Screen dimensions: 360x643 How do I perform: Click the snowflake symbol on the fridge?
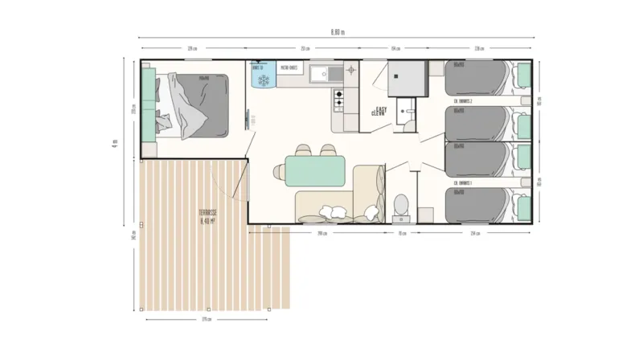[x=262, y=80]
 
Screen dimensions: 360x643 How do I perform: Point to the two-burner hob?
[x=338, y=98]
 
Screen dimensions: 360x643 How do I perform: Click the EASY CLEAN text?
[x=379, y=112]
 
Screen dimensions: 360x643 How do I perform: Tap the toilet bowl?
[x=401, y=206]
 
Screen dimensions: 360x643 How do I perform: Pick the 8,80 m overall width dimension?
[x=337, y=32]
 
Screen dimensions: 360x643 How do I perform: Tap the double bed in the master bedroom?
[x=193, y=104]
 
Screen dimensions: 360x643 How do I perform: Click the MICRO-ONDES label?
[x=289, y=68]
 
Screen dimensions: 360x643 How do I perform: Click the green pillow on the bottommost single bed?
[x=522, y=205]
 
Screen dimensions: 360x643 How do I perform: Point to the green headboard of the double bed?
[x=148, y=104]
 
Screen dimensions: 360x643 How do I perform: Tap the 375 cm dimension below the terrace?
[x=206, y=319]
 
